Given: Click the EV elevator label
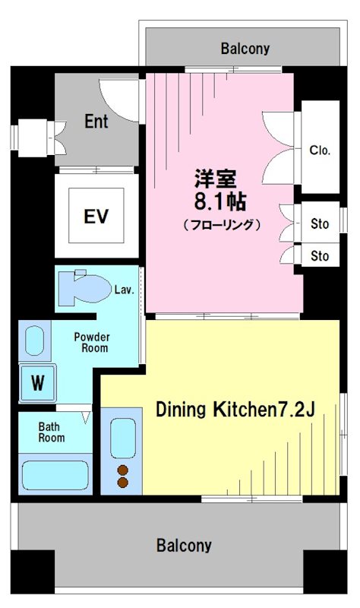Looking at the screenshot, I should [x=96, y=216].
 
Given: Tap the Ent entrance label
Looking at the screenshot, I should [x=96, y=121].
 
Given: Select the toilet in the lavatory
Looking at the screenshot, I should [x=83, y=287].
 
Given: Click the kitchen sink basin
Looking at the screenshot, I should [x=122, y=438].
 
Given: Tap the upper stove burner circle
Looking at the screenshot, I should [x=122, y=469].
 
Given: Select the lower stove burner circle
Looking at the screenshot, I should [x=122, y=482].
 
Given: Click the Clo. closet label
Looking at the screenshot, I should [x=320, y=150].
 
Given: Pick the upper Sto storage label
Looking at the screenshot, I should [x=320, y=224].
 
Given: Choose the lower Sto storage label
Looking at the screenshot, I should [x=320, y=256].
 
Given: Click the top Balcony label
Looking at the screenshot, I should [x=245, y=49].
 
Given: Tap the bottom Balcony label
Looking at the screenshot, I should [x=184, y=545].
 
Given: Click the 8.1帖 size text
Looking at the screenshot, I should [x=221, y=203].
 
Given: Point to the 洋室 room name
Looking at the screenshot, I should [x=215, y=179].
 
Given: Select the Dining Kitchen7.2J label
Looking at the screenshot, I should [x=235, y=410].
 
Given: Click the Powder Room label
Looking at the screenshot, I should [x=91, y=342].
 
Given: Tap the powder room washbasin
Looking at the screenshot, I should [x=35, y=340].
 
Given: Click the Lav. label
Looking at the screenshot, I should [x=125, y=290].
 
